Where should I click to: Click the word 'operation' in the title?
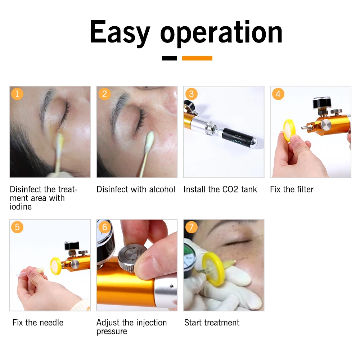click(221, 33)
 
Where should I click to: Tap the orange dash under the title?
click(197, 58)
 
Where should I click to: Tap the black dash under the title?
click(169, 58)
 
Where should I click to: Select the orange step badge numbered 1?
click(17, 94)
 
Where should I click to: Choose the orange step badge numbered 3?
click(191, 94)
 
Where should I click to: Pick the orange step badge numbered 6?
click(104, 227)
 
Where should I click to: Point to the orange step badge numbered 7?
click(191, 227)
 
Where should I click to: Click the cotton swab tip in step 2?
click(150, 139)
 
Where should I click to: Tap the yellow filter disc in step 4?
click(289, 129)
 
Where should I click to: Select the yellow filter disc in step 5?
click(56, 265)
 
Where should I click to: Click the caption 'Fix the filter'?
click(292, 189)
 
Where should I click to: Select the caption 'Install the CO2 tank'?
click(220, 189)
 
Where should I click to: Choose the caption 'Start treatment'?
click(212, 323)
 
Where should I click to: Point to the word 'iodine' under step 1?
click(21, 207)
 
